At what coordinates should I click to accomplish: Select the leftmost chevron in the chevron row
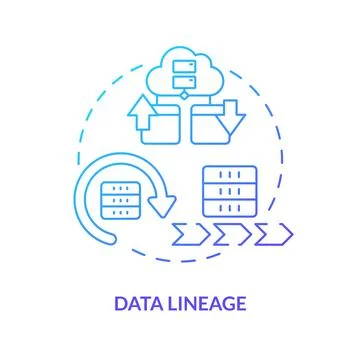tap(186, 233)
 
